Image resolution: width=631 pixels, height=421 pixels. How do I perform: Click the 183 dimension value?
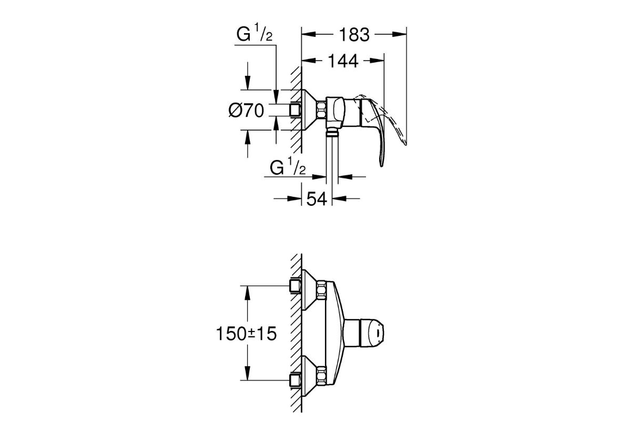354,35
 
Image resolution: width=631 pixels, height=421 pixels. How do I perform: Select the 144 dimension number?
343,61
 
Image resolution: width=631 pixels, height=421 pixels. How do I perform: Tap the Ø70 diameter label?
246,111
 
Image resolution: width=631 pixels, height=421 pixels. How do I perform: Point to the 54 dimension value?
317,199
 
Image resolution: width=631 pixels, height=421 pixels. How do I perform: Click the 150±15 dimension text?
246,334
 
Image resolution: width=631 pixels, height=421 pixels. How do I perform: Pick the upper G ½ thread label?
255,33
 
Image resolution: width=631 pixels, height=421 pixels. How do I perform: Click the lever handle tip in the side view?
381,165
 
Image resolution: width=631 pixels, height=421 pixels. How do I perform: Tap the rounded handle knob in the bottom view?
372,333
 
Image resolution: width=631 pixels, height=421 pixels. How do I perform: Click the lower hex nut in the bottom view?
321,376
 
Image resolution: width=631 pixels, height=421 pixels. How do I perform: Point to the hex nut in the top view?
321,110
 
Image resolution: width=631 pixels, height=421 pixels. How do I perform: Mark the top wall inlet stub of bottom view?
295,286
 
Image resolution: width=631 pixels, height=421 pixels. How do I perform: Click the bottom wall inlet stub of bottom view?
295,380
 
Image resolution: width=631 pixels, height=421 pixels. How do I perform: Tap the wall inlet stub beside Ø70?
295,109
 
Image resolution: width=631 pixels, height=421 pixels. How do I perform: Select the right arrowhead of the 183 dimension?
400,34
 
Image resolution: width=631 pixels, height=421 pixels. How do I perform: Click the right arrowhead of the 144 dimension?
377,61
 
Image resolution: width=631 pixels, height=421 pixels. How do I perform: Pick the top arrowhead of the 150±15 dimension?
248,293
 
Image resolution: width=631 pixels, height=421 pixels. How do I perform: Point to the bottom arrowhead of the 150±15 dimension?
248,373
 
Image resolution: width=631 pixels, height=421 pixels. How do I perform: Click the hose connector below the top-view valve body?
332,132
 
